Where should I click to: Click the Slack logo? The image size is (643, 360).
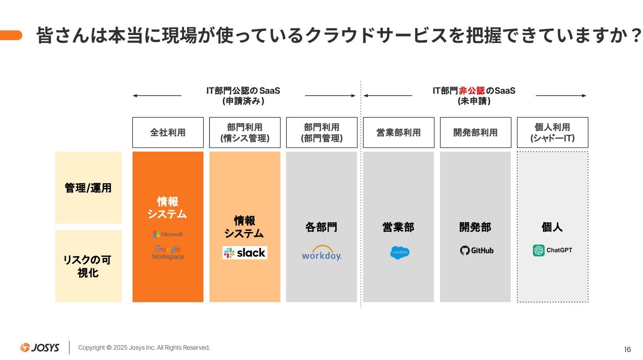(x=245, y=253)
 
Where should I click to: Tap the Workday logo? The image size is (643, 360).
(x=321, y=253)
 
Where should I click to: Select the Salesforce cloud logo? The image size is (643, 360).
(x=400, y=253)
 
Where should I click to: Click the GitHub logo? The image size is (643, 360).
(x=477, y=250)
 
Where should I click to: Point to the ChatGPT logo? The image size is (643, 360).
(x=552, y=250)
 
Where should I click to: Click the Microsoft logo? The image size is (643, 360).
(x=168, y=234)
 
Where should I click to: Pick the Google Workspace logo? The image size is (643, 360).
(x=168, y=253)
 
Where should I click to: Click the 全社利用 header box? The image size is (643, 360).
(x=168, y=132)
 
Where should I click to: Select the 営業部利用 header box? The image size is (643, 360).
(x=399, y=132)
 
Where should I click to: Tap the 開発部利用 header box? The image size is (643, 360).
(x=476, y=132)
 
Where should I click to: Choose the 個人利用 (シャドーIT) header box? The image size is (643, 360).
(x=553, y=132)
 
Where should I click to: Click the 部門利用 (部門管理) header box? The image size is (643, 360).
(x=322, y=132)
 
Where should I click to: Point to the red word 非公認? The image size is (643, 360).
(x=472, y=91)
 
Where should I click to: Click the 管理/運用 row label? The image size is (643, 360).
(x=88, y=188)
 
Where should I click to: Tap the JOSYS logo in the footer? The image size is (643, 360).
(x=40, y=347)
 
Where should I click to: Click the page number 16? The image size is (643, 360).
(x=627, y=349)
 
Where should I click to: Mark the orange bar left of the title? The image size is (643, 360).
(x=11, y=35)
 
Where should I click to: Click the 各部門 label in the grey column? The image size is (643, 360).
(x=321, y=227)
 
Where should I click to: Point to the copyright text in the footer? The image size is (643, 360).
(x=144, y=348)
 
